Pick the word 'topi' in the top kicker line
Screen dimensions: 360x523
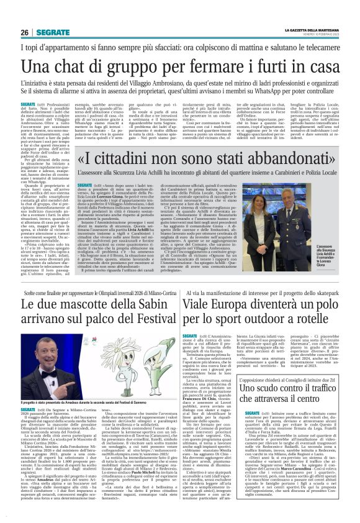pyautogui.click(x=32, y=48)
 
